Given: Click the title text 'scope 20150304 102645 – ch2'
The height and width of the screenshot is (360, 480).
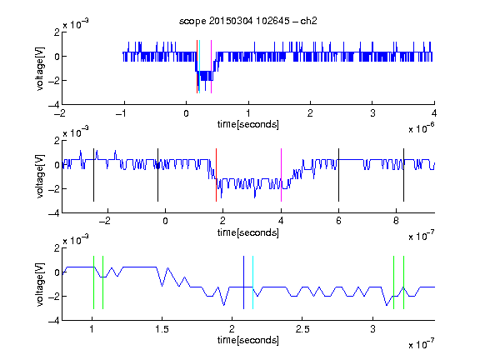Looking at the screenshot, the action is tap(248, 21).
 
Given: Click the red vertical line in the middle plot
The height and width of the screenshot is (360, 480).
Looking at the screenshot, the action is tap(216, 175).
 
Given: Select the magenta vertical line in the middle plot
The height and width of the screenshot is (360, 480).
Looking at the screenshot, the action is tap(281, 175).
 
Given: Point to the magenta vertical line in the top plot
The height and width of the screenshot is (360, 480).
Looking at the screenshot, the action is tap(211, 67).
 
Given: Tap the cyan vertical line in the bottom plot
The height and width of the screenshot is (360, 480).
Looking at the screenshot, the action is tap(252, 282).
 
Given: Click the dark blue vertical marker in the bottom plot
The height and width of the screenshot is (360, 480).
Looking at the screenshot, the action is tap(243, 282).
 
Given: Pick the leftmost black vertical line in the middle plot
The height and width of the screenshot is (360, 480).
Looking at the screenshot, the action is tap(93, 175).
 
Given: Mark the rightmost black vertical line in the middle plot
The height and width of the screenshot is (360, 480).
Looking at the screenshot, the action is tap(403, 175).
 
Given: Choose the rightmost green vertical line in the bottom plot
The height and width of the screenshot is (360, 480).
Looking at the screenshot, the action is tap(403, 282).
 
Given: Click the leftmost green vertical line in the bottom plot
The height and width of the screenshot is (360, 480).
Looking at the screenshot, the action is tap(93, 282).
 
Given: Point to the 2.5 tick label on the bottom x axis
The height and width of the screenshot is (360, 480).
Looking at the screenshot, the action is tap(302, 329).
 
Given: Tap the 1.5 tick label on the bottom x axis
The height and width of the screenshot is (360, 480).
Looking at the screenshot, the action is tap(162, 329).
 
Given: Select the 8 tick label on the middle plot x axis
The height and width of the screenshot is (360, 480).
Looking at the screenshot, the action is tap(396, 221).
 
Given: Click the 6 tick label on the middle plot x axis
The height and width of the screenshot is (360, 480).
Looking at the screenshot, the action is tap(338, 221).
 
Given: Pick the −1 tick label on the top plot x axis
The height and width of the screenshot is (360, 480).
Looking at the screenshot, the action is tap(121, 113).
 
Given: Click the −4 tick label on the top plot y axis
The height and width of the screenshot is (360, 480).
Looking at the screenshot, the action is tap(54, 105).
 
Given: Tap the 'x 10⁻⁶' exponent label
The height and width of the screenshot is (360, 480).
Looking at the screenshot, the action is tap(422, 128).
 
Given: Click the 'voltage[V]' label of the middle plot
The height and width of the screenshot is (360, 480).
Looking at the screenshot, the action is tap(40, 177).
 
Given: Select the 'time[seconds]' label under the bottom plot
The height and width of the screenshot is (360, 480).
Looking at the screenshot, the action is tap(248, 340).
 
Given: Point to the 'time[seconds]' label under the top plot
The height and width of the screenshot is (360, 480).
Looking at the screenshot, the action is tap(248, 124).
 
